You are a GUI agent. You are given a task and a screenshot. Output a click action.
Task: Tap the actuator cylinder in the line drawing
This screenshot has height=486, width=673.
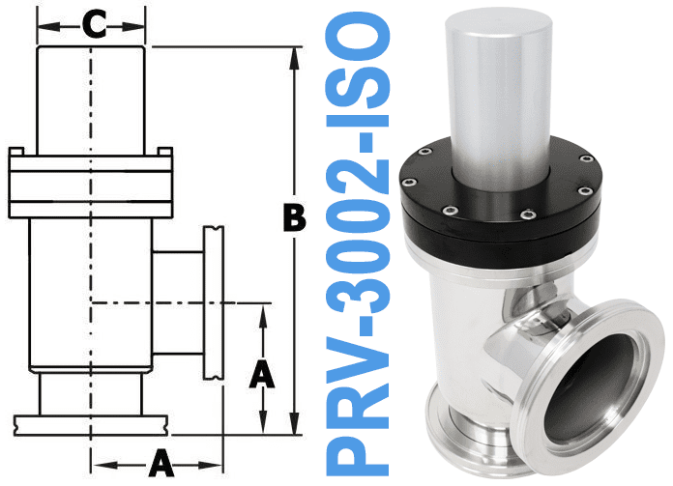coord(90,97)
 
